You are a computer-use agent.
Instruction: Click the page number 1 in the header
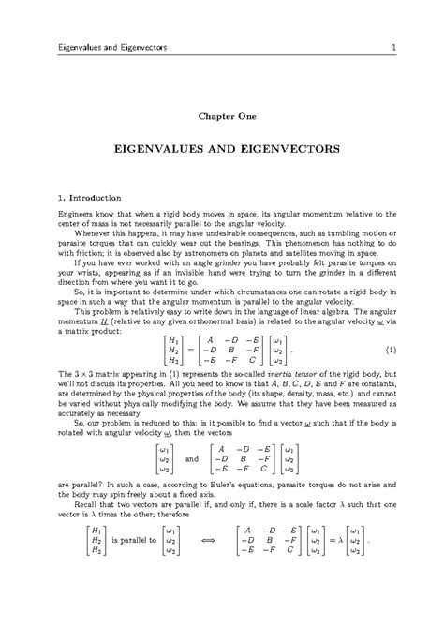click(x=397, y=48)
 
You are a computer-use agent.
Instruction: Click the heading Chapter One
click(x=222, y=117)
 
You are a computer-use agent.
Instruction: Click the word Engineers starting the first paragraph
click(x=65, y=215)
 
